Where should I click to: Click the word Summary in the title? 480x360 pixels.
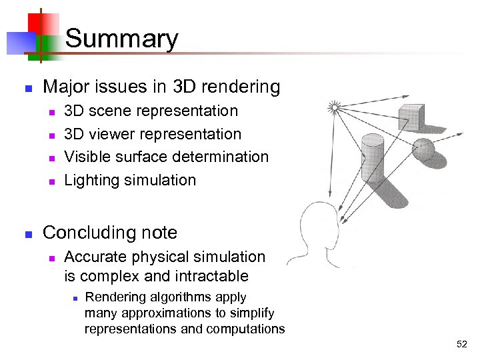pos(122,39)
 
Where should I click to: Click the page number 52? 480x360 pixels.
pos(462,344)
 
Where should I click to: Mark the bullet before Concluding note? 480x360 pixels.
pos(28,234)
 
